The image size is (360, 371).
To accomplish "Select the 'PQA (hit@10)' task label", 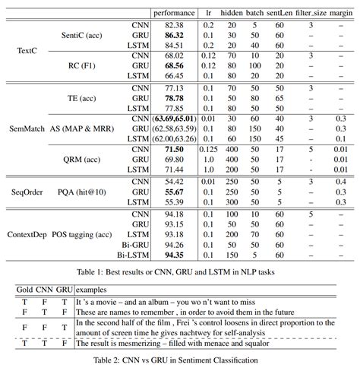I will (82, 193).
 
